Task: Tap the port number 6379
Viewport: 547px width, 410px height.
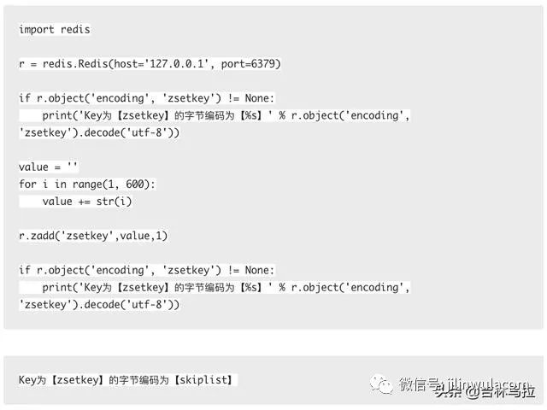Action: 262,63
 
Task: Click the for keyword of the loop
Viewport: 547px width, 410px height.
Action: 27,184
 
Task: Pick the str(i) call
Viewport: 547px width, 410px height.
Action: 114,201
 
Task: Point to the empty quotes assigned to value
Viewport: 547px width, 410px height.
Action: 71,167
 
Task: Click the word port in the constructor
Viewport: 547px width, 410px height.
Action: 234,63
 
